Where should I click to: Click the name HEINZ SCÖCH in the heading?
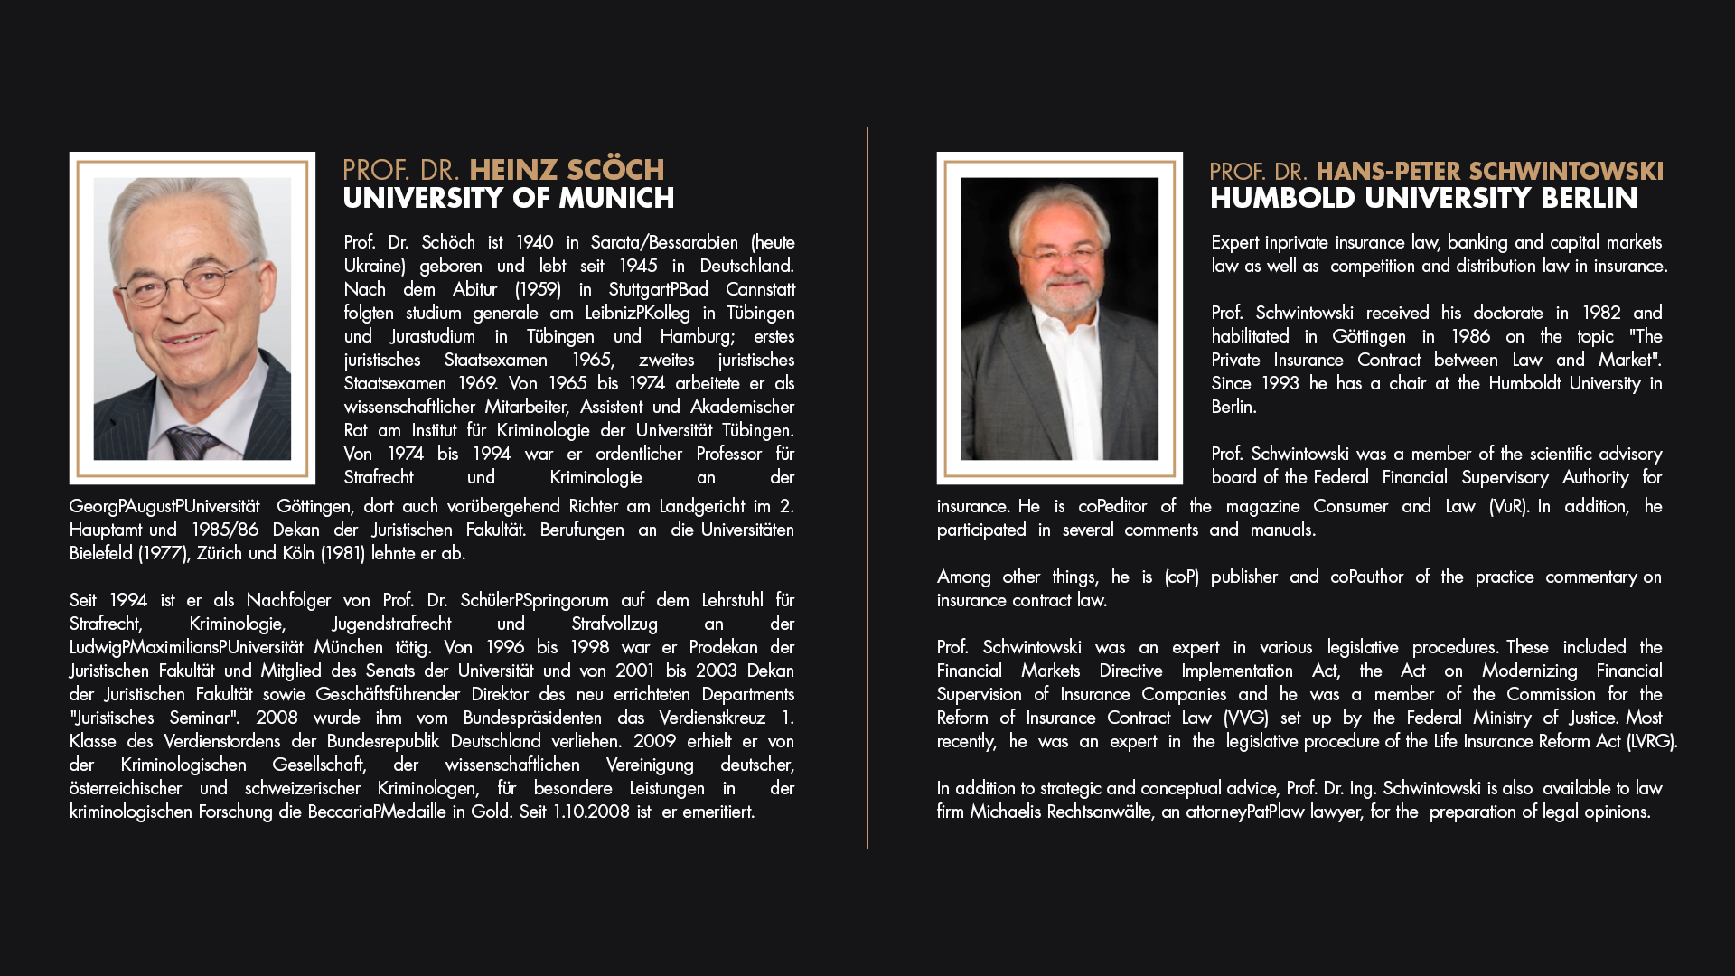pos(567,170)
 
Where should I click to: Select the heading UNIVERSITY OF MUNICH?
pos(508,198)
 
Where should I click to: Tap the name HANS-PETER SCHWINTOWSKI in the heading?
pos(1489,171)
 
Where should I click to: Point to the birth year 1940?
pos(534,242)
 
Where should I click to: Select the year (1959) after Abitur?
pos(538,289)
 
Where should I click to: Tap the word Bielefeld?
pos(100,553)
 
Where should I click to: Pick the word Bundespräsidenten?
pos(532,718)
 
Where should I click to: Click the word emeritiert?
pos(718,812)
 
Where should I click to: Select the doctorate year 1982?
pos(1600,313)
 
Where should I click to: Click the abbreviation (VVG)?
pos(1246,718)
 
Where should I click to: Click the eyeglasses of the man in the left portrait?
pos(188,284)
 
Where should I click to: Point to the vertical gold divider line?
pos(867,488)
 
